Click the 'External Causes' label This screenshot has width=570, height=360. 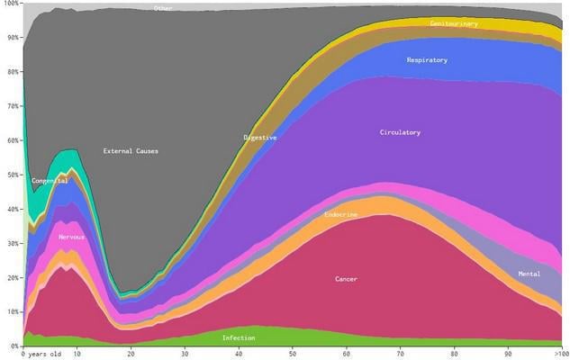tap(131, 151)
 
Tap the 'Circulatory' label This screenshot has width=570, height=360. tap(400, 133)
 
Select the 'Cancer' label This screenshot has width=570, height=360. tap(346, 280)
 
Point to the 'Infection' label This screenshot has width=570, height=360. tap(239, 338)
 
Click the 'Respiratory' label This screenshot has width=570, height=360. tap(427, 60)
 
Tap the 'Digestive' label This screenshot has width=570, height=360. tap(259, 138)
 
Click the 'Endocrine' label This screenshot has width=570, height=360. tap(340, 215)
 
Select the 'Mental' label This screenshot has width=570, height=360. tap(529, 274)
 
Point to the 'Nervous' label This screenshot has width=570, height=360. tap(71, 238)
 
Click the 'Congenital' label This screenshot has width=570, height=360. tap(50, 181)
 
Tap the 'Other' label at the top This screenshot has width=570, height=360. tap(162, 9)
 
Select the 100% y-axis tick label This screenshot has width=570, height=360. tap(10, 4)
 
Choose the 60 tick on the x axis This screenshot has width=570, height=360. tap(346, 353)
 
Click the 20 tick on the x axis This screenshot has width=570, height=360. tap(131, 353)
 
